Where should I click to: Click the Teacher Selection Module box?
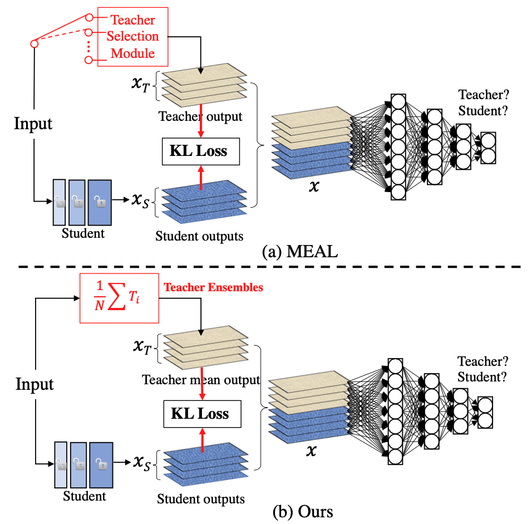click(132, 37)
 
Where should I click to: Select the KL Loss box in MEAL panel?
click(200, 151)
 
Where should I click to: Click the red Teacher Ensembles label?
click(213, 288)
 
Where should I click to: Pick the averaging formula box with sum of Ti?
click(120, 298)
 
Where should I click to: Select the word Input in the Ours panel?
click(35, 384)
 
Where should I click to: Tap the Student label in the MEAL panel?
click(83, 233)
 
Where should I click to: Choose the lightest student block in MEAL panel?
click(59, 201)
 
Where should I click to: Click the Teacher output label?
click(200, 117)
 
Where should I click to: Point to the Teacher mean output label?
click(201, 380)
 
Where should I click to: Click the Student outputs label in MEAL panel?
click(199, 236)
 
